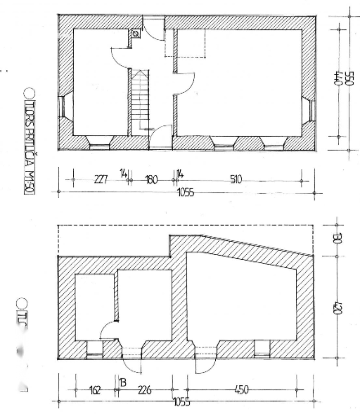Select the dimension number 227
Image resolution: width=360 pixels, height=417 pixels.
point(101,180)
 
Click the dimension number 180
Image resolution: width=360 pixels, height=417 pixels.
point(151,180)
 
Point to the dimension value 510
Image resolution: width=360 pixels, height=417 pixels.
point(236,179)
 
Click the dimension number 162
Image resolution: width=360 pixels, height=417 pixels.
point(95,390)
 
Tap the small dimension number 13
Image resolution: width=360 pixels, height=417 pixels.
point(123,382)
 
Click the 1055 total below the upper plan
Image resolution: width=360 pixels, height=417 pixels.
point(185,193)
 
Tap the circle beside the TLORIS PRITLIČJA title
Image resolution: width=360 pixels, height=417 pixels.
point(28,93)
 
